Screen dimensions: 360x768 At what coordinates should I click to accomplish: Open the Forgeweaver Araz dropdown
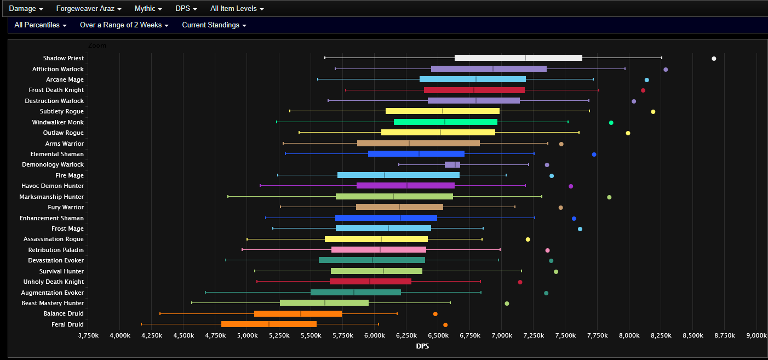(x=88, y=9)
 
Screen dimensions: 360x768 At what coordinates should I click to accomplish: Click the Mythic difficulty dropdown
(x=148, y=9)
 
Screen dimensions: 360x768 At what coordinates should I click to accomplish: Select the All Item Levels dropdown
(x=237, y=9)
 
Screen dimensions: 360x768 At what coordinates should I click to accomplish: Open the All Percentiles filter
(x=41, y=25)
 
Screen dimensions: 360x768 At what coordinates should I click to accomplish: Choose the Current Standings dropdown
(x=214, y=25)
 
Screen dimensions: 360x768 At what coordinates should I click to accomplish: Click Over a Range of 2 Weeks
(x=124, y=25)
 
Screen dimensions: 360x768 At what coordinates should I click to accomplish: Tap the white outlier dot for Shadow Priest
(x=714, y=59)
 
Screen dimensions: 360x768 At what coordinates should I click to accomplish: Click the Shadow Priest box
(x=518, y=58)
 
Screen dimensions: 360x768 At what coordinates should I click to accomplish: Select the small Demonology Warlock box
(x=452, y=165)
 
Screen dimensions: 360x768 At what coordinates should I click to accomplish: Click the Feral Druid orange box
(x=269, y=324)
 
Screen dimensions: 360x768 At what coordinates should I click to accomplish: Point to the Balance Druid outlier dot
(x=435, y=314)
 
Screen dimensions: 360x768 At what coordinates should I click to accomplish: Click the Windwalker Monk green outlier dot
(x=611, y=123)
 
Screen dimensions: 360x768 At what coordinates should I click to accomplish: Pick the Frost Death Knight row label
(x=56, y=90)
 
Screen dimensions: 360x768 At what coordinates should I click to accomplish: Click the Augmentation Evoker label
(x=53, y=293)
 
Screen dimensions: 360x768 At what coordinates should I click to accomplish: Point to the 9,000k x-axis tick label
(x=756, y=335)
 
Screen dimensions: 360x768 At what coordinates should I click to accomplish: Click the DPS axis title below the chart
(x=422, y=346)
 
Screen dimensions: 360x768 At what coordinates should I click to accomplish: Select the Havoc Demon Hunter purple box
(x=405, y=186)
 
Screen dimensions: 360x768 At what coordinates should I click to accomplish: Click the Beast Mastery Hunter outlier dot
(x=507, y=304)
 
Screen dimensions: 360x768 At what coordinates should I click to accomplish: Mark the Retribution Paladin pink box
(x=379, y=250)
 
